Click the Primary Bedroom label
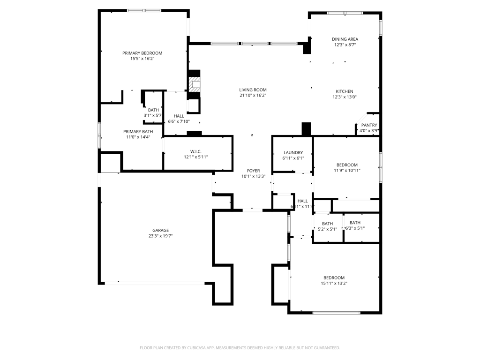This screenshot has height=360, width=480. coord(142,53)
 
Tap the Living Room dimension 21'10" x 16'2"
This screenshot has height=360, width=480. coord(253,96)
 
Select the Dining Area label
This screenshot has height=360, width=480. coord(345,39)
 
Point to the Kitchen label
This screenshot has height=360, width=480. coord(345,91)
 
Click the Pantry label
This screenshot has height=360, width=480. coord(369,125)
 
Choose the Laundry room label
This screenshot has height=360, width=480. coord(293,152)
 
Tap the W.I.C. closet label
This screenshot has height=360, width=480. coord(195,151)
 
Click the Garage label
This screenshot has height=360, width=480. coord(160,230)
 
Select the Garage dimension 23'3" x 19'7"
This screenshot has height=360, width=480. coord(160,236)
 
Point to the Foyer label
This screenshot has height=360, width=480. coord(253,171)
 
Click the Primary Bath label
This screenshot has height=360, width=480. coord(138,132)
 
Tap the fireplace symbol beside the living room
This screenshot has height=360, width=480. coord(194,84)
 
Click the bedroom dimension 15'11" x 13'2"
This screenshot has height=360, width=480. coord(334,283)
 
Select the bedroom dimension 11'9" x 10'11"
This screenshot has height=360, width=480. coord(347,171)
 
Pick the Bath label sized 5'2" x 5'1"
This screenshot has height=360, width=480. coord(327,224)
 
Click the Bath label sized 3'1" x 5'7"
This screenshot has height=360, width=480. coord(153,110)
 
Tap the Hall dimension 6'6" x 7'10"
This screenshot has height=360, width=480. coord(179,121)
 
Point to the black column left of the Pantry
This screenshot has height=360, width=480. coord(306,128)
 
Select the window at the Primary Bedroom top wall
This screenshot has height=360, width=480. coord(144,10)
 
